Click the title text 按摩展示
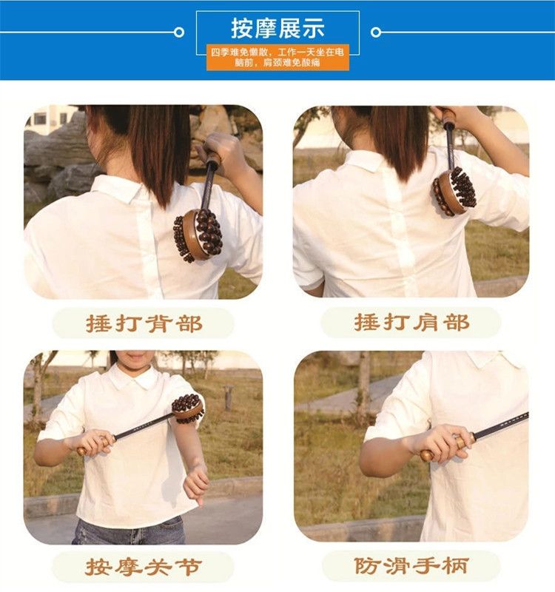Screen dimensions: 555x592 click(277, 28)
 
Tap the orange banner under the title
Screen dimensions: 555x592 click(277, 58)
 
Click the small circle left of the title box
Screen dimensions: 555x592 click(179, 33)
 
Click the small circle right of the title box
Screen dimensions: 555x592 click(376, 33)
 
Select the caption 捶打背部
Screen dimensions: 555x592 click(144, 324)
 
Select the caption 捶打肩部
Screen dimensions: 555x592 click(412, 323)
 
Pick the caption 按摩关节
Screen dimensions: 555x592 click(144, 567)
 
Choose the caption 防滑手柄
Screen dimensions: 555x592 click(412, 565)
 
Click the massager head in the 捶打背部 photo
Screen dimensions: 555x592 click(198, 235)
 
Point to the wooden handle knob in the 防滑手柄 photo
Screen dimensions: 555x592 click(428, 455)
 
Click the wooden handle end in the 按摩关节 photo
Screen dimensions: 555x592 click(81, 451)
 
